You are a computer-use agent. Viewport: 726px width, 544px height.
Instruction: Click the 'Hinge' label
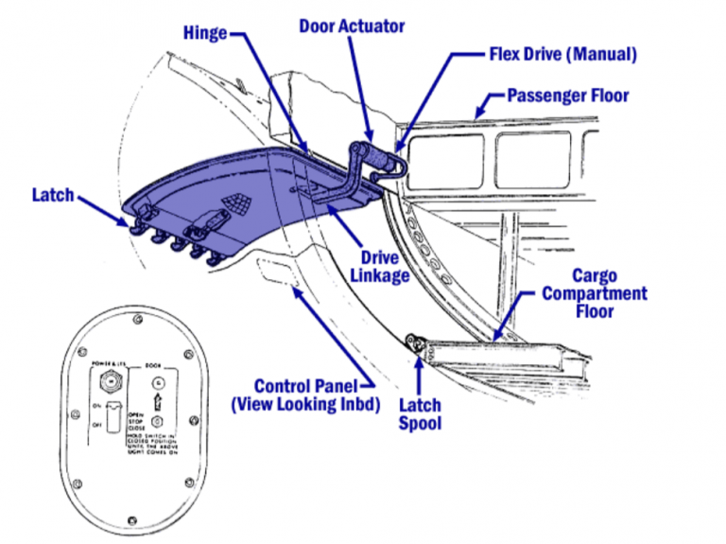pyautogui.click(x=205, y=34)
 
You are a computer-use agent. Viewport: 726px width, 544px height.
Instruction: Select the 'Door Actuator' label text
pyautogui.click(x=351, y=26)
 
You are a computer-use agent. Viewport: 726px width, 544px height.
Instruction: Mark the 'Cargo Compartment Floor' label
pyautogui.click(x=594, y=293)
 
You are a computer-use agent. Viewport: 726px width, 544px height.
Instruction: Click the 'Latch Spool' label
pyautogui.click(x=420, y=413)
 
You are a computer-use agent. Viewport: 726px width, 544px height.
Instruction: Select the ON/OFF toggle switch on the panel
pyautogui.click(x=112, y=416)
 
